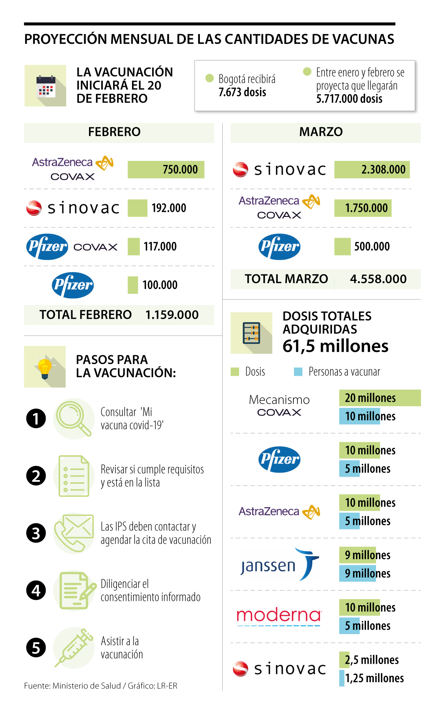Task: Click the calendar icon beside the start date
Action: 45,86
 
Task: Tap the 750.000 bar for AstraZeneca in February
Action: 166,170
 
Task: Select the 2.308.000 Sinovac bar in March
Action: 372,170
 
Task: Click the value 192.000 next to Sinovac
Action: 169,208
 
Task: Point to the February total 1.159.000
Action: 172,315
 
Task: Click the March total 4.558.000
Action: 378,279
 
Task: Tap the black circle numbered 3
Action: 36,533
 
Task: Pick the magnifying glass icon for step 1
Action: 74,418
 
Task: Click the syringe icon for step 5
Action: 74,648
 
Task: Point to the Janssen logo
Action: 279,565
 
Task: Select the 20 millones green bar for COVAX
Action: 380,398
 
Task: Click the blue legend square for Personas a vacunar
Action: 298,372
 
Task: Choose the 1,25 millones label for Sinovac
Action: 374,678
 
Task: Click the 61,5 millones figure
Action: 335,346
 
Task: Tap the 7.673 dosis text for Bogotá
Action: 242,92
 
